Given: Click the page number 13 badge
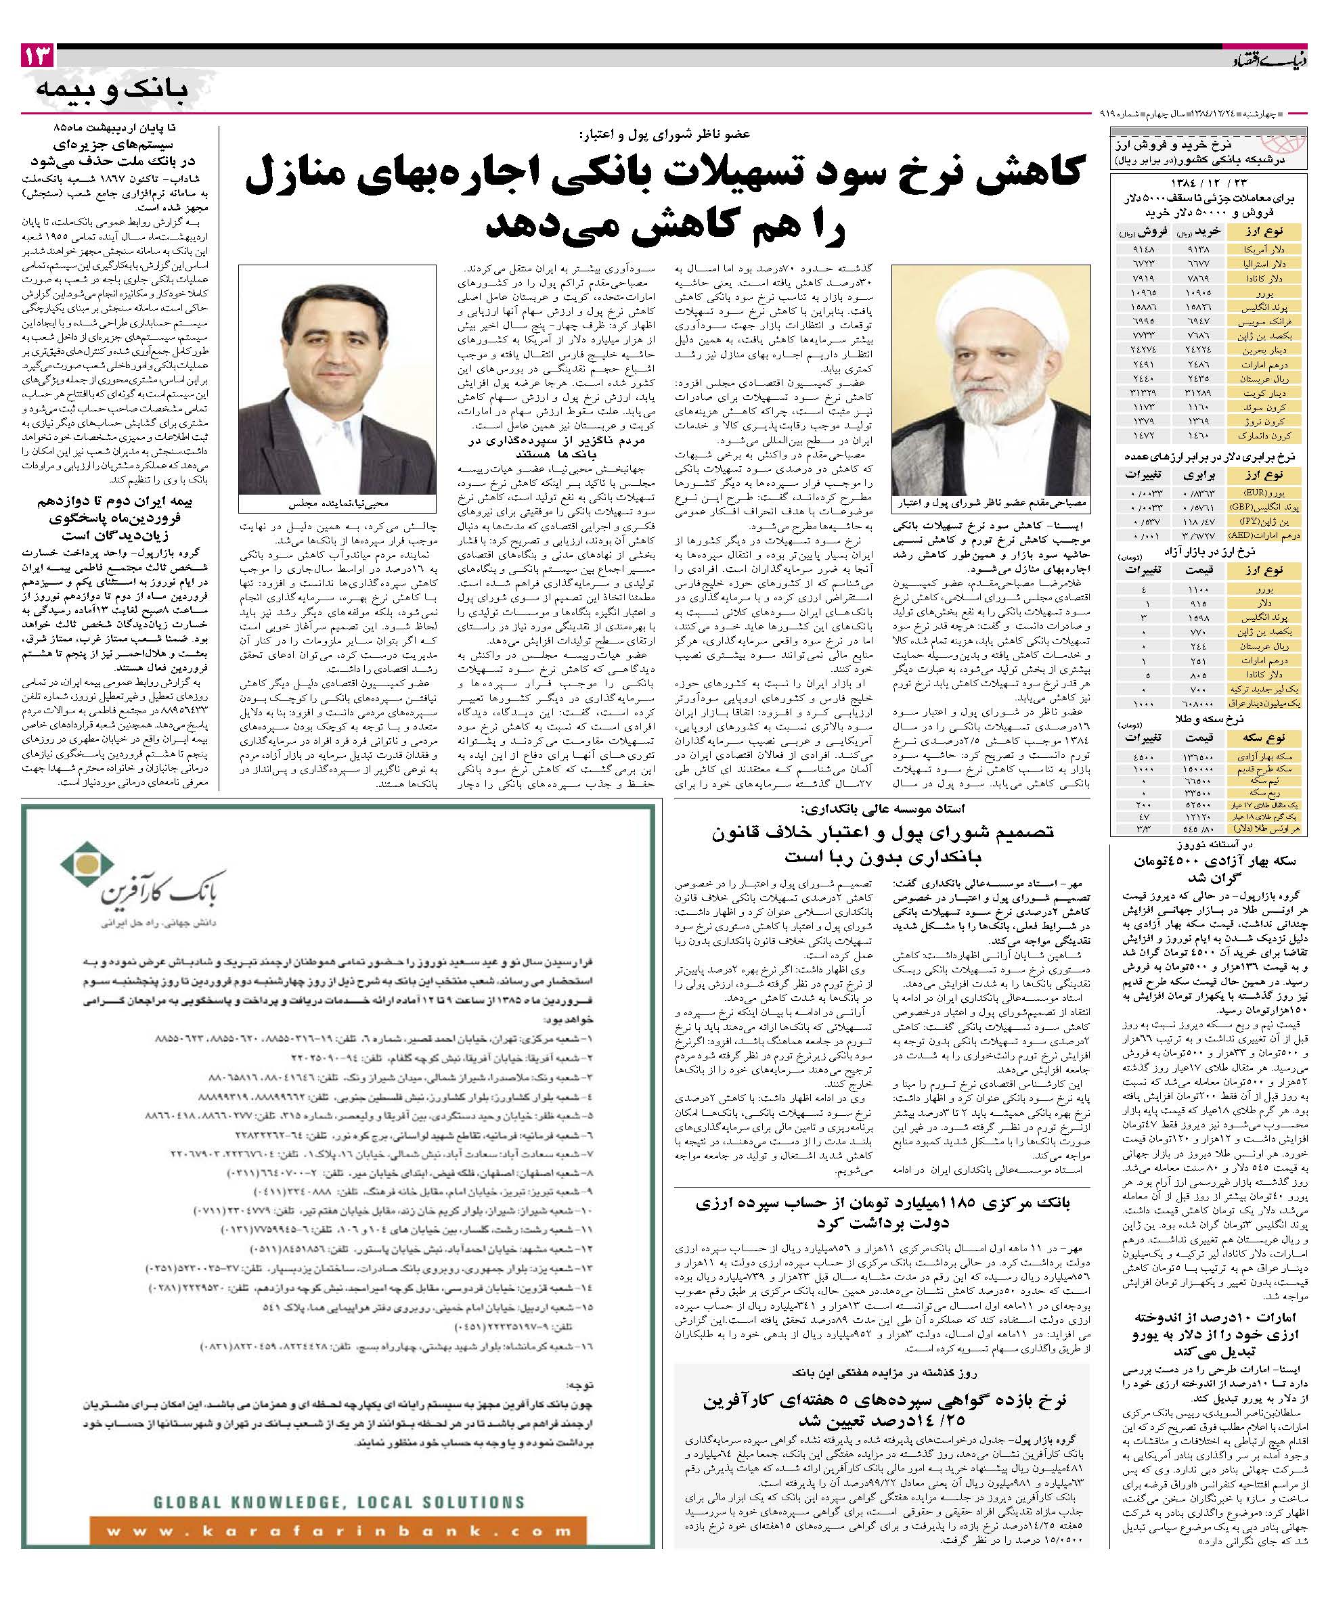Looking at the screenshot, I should click(x=38, y=55).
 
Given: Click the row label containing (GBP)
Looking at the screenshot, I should click(x=1271, y=506).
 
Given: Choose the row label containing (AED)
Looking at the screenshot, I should click(x=1270, y=535).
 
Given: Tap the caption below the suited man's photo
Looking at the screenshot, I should click(x=336, y=503).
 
